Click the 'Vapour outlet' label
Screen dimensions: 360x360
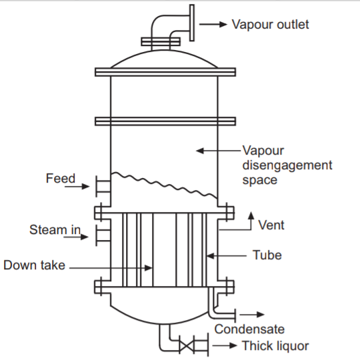(270, 25)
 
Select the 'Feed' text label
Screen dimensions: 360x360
(60, 179)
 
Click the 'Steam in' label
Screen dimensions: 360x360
(55, 230)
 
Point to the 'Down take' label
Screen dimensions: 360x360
(34, 265)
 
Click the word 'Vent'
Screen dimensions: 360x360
(271, 225)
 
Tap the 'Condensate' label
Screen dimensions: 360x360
(249, 329)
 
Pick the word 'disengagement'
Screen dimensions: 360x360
(287, 165)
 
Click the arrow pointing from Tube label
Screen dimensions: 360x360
(227, 255)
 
